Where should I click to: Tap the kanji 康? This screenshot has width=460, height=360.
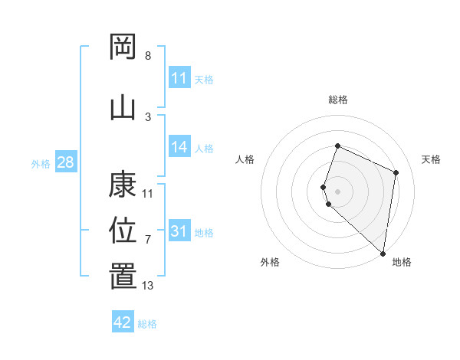point(123,185)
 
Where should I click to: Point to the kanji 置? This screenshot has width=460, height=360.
point(123,277)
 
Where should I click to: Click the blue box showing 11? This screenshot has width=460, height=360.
point(179,78)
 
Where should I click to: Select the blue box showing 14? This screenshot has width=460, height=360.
point(179,148)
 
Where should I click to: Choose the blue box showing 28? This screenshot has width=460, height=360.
point(65,162)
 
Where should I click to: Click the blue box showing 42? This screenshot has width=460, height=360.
point(123,322)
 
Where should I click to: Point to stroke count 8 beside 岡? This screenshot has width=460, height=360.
point(148,56)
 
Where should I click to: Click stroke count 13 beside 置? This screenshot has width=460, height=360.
point(148,286)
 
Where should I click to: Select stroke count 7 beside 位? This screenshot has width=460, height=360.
point(148,240)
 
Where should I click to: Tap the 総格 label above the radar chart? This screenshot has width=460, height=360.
point(338,100)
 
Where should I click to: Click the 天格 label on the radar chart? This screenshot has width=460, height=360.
point(432,159)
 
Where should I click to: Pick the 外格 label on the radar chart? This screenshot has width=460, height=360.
point(270,263)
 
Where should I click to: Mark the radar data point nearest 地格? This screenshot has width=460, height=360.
point(383,254)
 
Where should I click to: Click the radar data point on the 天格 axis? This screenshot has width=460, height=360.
point(396,172)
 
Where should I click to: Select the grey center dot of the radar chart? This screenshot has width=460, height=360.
point(338,191)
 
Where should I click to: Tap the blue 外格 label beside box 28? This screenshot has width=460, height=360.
point(41,163)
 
